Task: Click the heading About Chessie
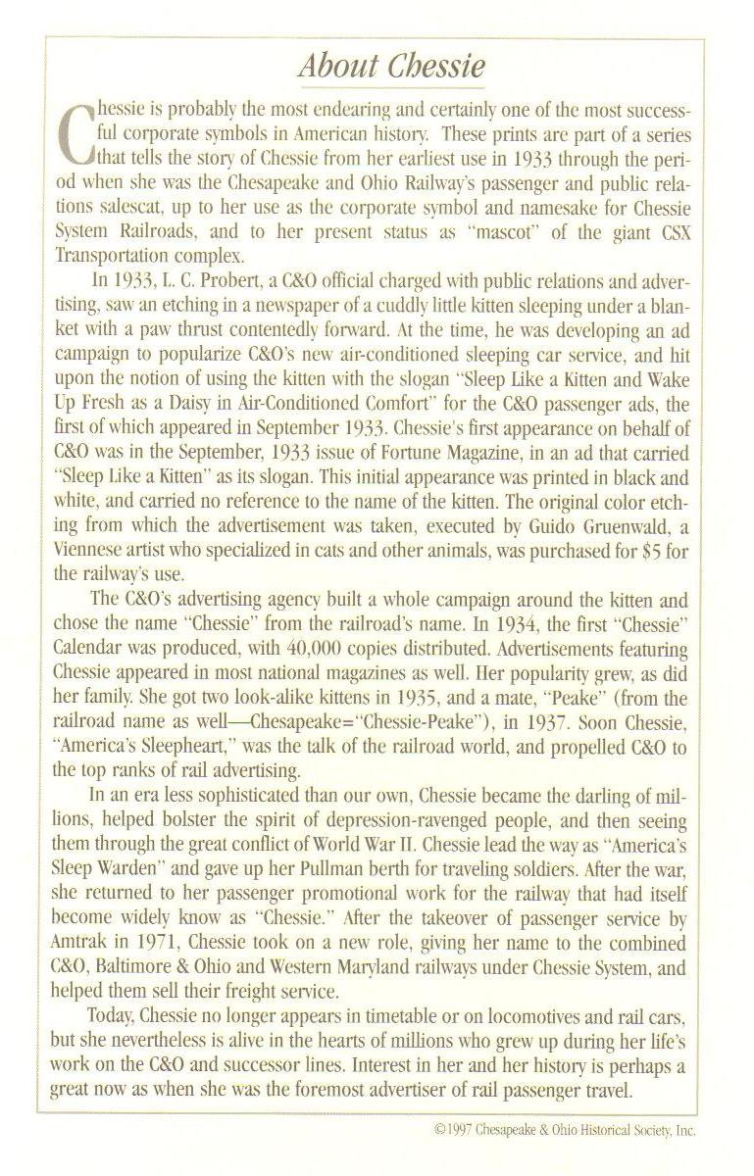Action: pyautogui.click(x=391, y=67)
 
